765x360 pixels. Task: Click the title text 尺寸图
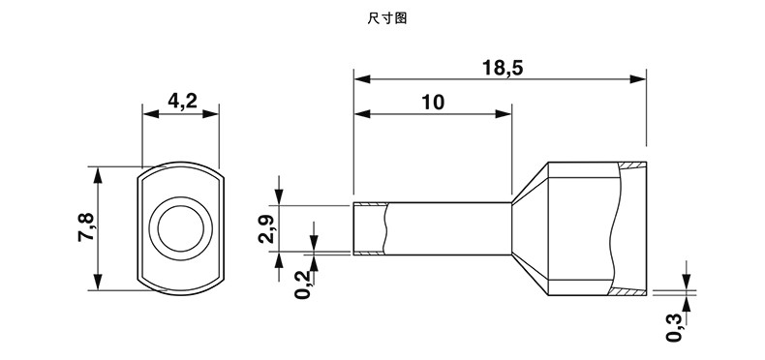pos(387,18)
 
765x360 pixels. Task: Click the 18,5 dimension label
pos(503,68)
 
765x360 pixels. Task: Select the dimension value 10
pos(433,103)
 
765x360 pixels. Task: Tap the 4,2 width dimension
pos(182,101)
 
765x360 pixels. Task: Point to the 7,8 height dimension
pos(87,227)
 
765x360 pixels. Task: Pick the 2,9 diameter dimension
pos(267,228)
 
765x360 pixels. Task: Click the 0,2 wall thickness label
pos(303,285)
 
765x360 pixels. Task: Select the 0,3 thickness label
pos(674,327)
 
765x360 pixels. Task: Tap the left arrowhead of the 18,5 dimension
pos(362,79)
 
